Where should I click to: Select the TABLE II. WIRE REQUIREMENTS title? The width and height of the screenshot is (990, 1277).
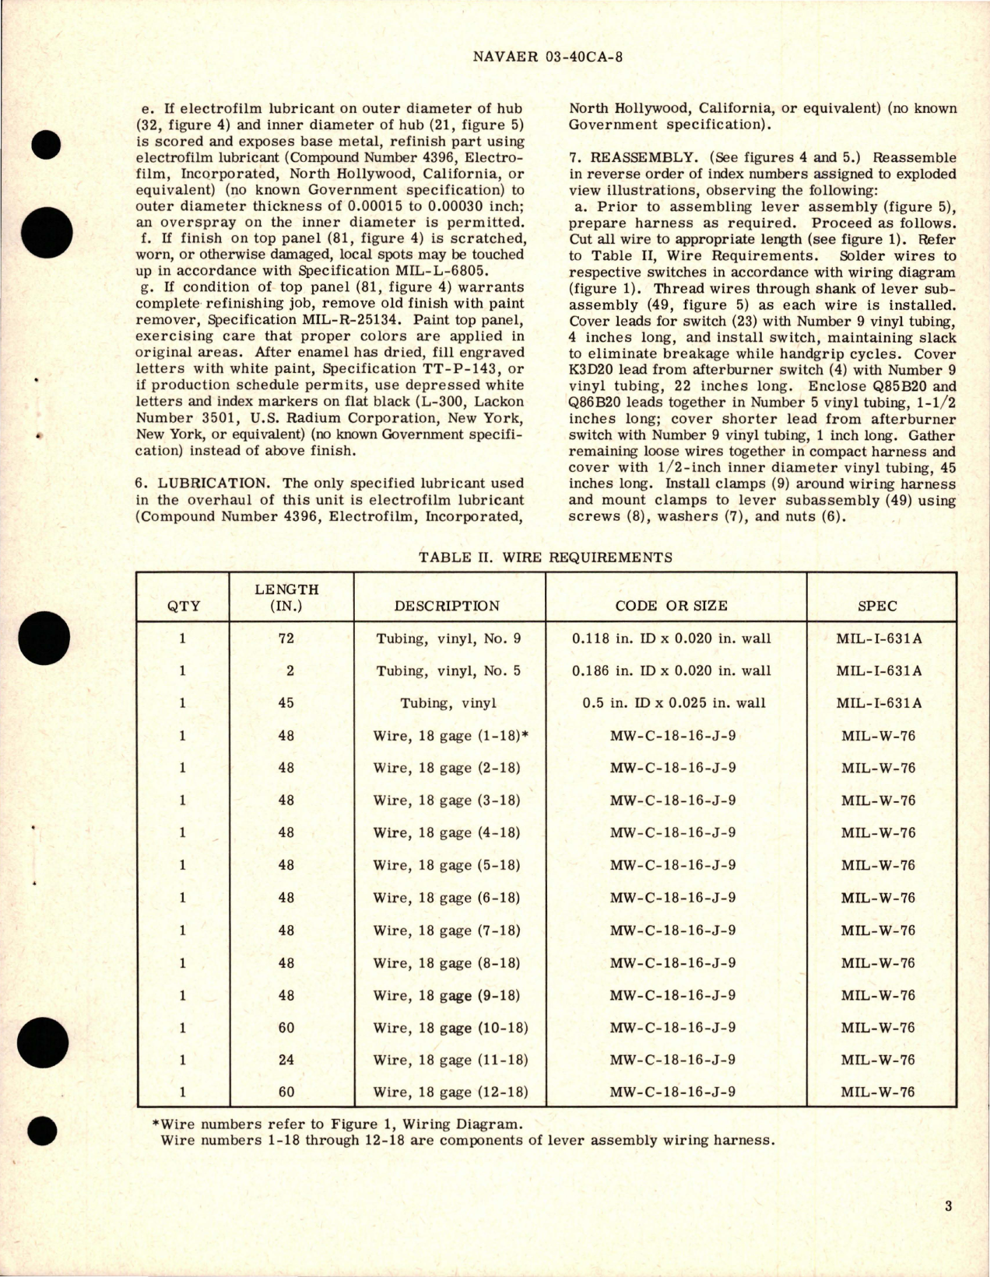click(545, 557)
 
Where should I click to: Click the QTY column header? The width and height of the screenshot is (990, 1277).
click(183, 605)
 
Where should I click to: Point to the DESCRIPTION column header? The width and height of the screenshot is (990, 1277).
click(447, 605)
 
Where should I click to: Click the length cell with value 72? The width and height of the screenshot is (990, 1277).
click(286, 638)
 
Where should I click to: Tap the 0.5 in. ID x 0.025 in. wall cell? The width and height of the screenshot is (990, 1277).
click(674, 702)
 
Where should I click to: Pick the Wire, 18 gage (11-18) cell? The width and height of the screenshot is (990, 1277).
click(451, 1060)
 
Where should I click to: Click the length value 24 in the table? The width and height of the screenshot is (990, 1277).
click(286, 1060)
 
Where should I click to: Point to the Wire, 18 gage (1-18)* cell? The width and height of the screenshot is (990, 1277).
click(451, 735)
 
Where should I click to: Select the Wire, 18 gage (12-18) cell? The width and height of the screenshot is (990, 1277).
click(451, 1092)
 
